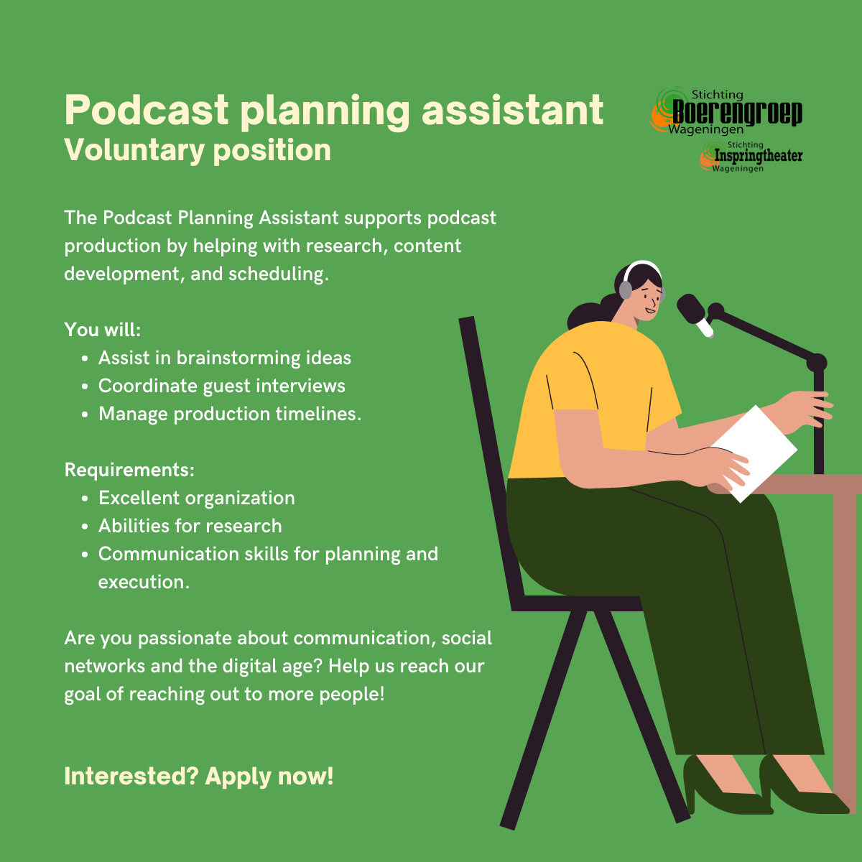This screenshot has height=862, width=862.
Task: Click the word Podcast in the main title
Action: [147, 110]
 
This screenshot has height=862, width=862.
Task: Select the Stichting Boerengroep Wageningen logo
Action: [726, 111]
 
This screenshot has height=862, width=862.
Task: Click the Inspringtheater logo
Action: [751, 156]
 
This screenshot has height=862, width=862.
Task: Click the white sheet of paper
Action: [753, 453]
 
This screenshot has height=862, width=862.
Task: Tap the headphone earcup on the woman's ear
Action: [626, 290]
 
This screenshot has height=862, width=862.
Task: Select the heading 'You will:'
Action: [103, 330]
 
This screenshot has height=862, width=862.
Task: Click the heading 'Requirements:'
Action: [129, 470]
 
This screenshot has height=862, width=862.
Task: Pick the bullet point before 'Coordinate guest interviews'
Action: [85, 386]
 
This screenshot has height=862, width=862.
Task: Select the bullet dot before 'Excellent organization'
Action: [85, 499]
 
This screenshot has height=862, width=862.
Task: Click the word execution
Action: [144, 582]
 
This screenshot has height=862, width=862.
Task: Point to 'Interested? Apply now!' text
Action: [198, 776]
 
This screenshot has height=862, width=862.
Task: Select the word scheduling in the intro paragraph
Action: [278, 274]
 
